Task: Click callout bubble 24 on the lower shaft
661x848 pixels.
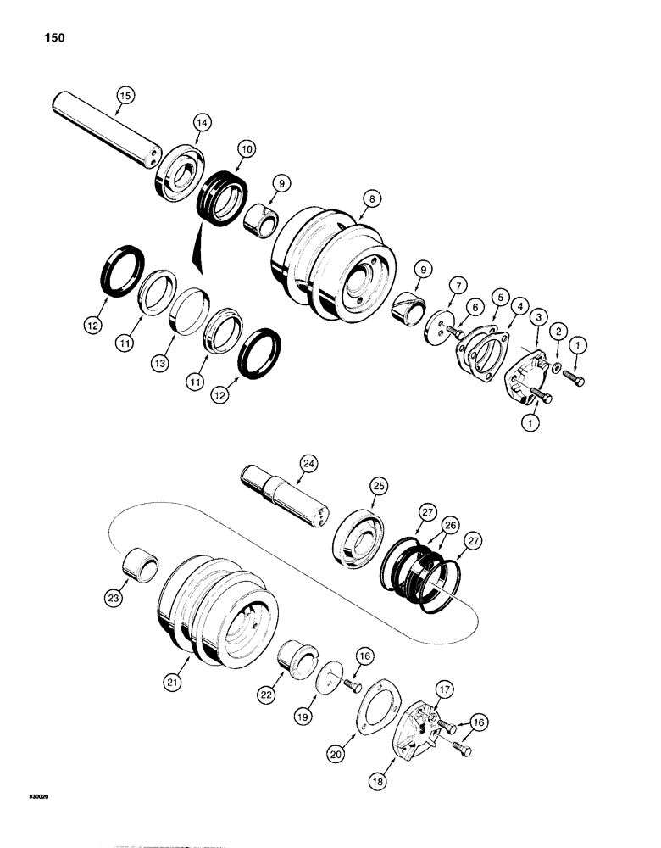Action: point(308,463)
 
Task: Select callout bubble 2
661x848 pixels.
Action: point(557,330)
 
